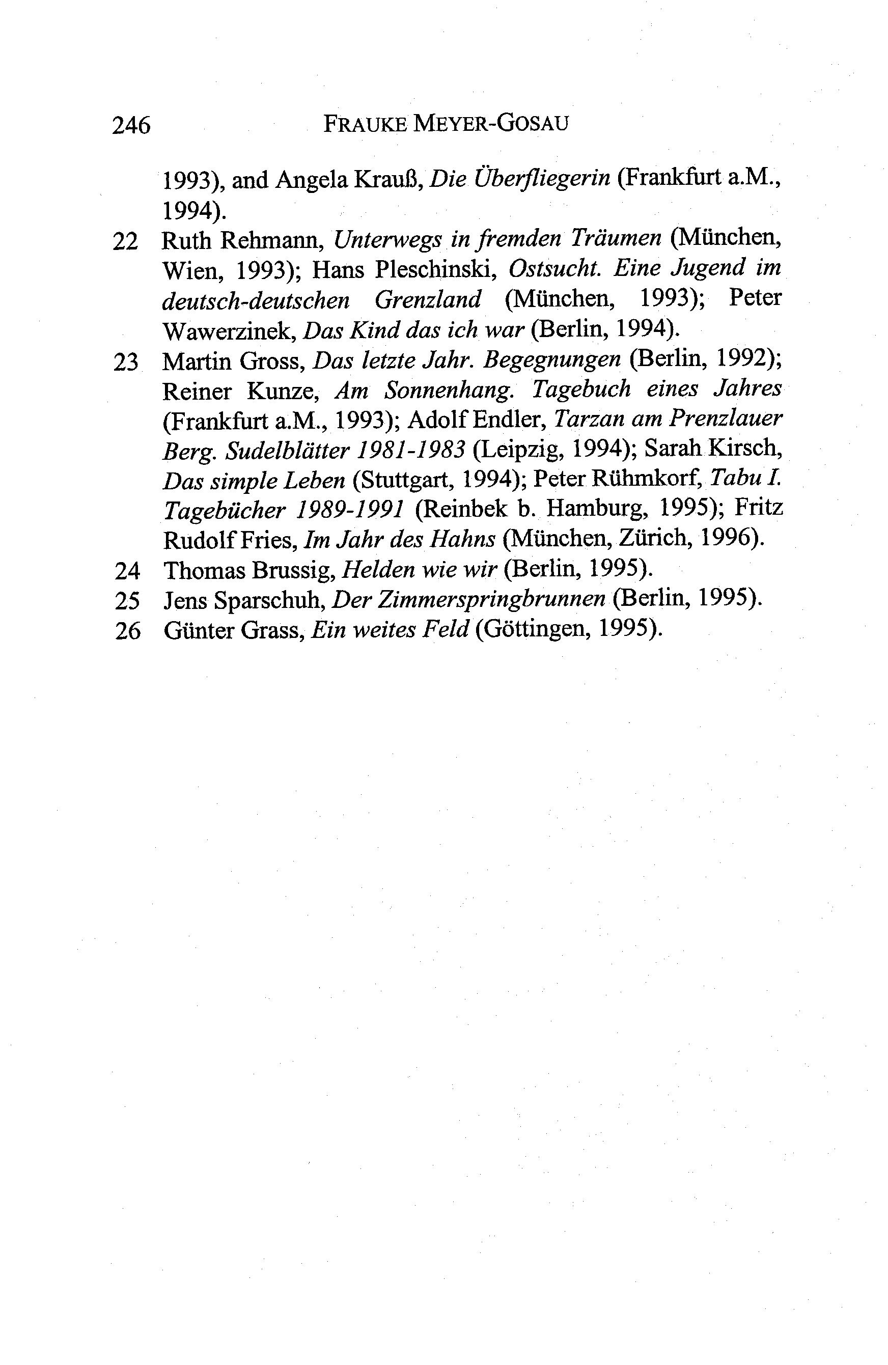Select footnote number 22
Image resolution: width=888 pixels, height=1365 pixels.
coord(126,242)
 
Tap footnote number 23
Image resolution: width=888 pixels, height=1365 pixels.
coord(126,363)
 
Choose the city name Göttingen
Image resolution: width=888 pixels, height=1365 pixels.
coord(531,631)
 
